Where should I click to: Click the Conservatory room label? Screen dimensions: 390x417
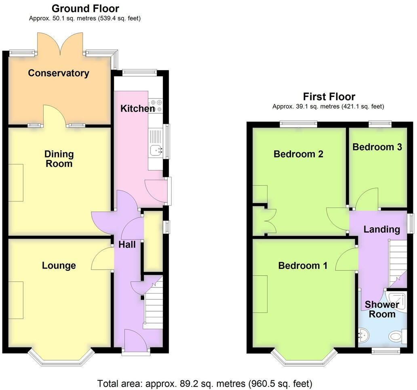(59, 73)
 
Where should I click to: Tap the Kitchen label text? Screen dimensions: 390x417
(137, 108)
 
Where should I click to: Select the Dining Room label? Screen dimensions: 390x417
(59, 159)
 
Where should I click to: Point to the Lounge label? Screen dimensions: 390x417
(59, 265)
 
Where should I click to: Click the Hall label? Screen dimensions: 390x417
(127, 245)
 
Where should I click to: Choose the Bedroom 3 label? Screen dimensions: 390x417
(377, 147)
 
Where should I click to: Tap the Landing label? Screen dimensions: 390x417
(381, 229)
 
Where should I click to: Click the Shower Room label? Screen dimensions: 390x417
(382, 309)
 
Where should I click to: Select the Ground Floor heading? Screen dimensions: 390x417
(85, 8)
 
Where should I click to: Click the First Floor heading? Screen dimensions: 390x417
(329, 96)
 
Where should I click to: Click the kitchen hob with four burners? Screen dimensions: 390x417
(156, 106)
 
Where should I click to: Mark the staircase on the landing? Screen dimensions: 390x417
(397, 261)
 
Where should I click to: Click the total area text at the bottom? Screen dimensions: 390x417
(204, 383)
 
